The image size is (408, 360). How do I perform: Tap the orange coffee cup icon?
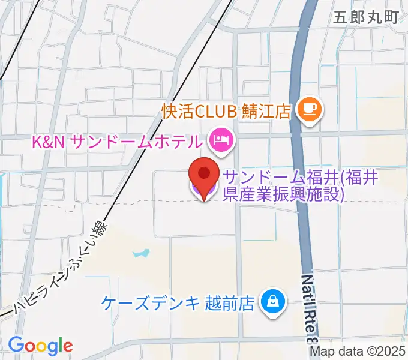tap(310, 109)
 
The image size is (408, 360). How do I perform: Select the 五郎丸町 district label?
tap(367, 16)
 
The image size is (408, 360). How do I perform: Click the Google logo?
tap(40, 346)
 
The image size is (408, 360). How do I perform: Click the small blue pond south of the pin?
tap(140, 254)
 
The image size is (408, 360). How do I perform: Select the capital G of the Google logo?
tap(16, 345)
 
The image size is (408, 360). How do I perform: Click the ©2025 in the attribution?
tap(383, 352)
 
